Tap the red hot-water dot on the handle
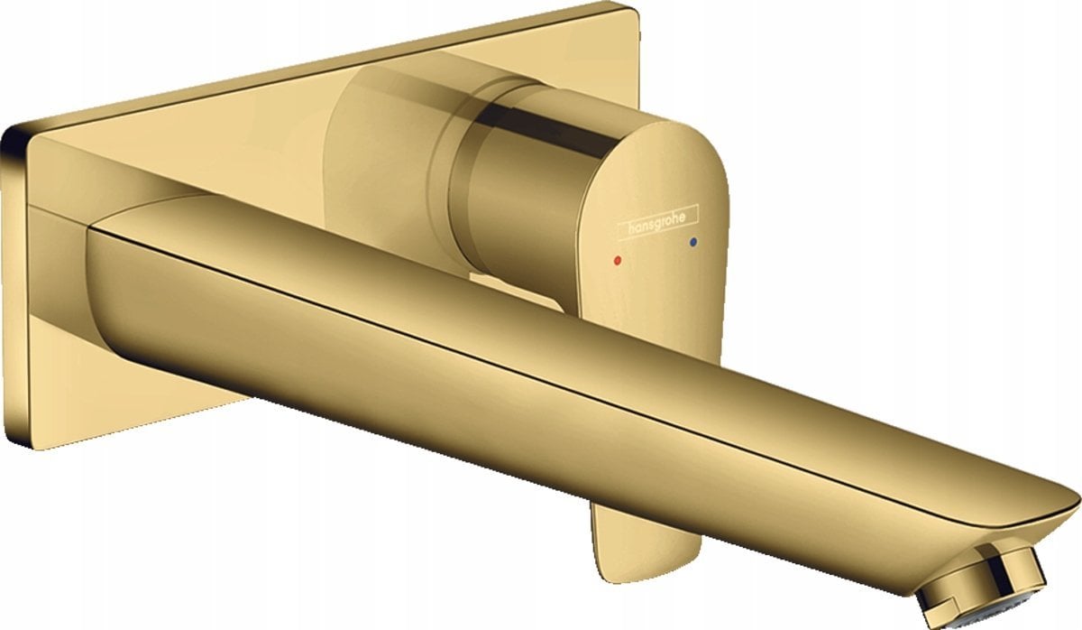(x=616, y=260)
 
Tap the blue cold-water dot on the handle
(x=692, y=243)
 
